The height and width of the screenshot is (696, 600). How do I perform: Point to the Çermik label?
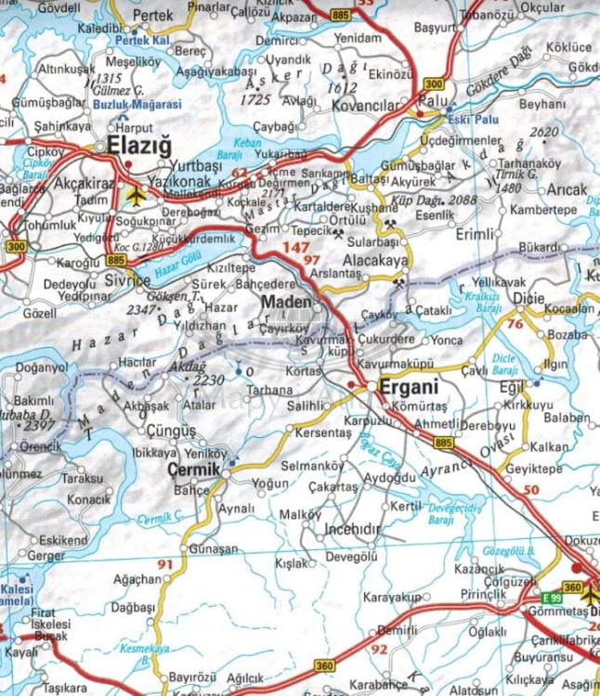[194, 470]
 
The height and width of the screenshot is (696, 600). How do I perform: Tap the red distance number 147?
[296, 248]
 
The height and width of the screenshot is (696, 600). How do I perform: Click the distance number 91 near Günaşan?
[165, 564]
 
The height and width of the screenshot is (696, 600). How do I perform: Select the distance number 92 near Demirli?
[378, 650]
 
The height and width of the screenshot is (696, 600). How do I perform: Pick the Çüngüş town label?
[172, 431]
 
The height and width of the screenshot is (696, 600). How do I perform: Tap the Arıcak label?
[567, 189]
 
